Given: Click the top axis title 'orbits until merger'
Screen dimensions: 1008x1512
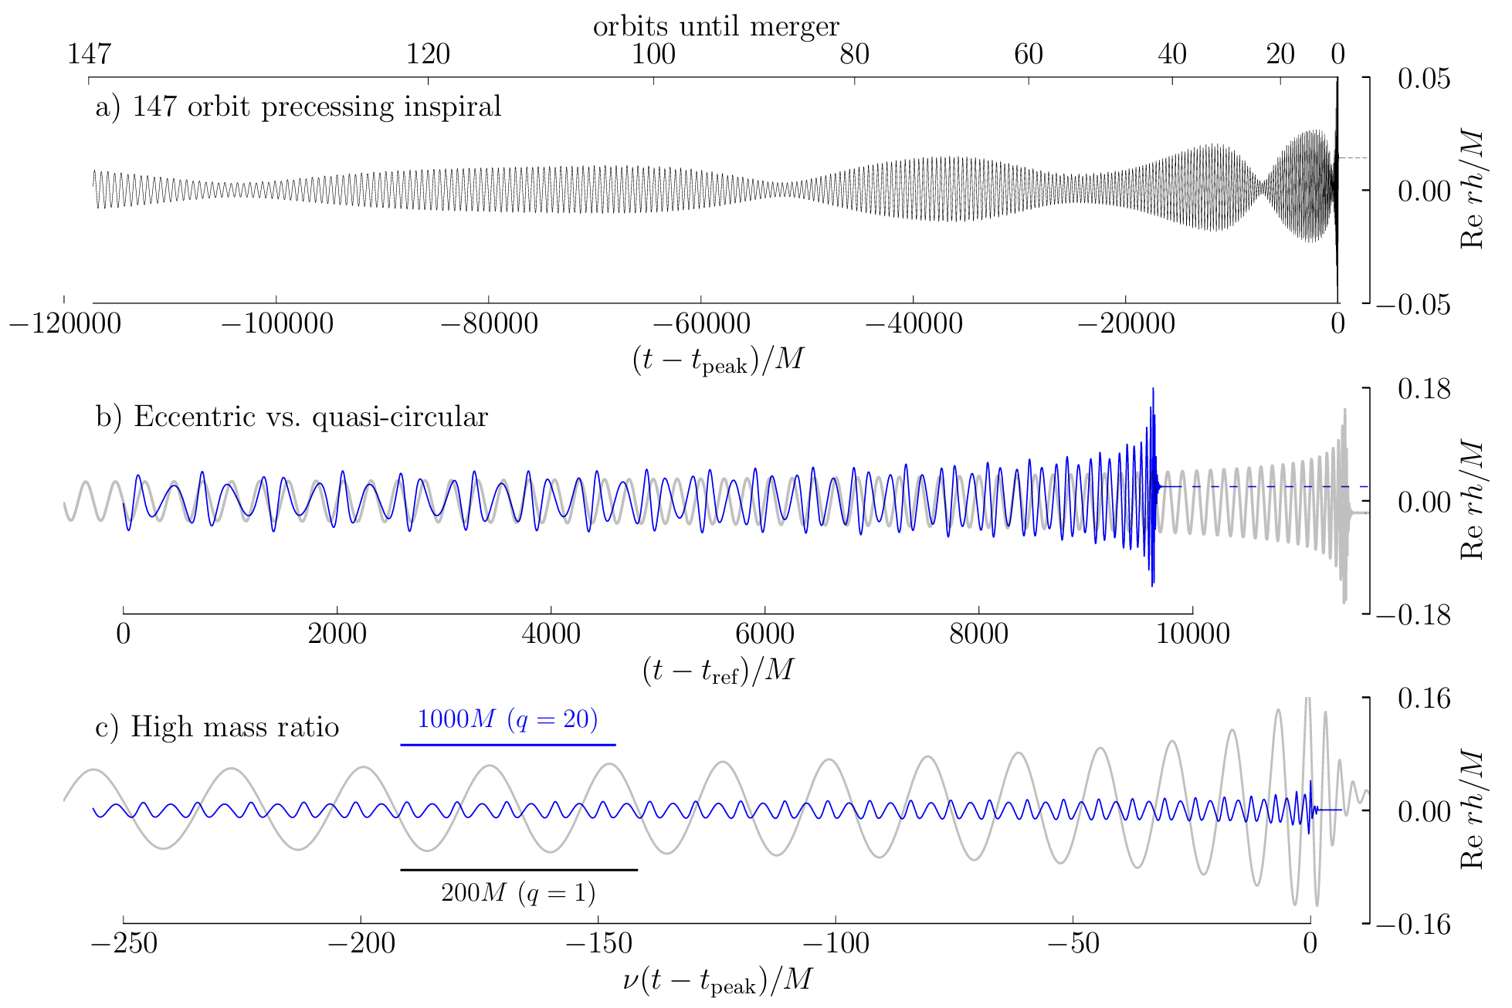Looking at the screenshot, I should point(716,26).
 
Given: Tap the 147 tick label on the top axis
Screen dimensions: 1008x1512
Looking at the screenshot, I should point(89,54).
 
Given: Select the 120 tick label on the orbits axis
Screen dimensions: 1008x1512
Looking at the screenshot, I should point(428,54).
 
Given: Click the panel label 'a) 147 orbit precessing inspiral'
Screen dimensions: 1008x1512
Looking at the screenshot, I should point(298,107).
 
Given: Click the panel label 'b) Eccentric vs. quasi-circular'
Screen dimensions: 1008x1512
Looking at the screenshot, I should point(292,417).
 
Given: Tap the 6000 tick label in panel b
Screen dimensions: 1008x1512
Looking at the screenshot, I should point(764,634).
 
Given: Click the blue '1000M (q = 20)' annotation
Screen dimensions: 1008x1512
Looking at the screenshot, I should point(507,719).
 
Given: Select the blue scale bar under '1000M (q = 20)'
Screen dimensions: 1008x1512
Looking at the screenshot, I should point(507,745).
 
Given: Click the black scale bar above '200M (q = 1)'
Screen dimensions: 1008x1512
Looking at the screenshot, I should point(518,870).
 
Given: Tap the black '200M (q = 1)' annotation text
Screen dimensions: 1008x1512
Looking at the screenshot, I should point(518,893).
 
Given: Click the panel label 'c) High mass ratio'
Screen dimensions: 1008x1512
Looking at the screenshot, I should point(217,727).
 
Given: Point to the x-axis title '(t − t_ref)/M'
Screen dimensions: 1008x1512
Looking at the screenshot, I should point(717,671).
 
